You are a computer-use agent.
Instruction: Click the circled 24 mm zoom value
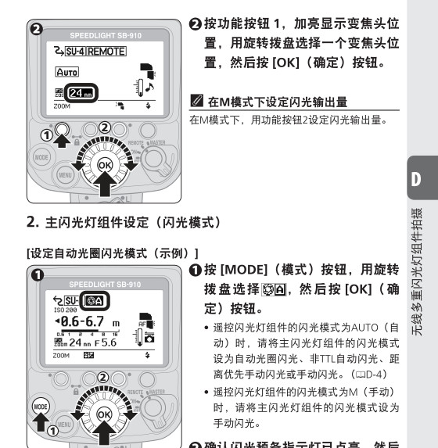click(79, 95)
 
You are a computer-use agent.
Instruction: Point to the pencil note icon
click(196, 101)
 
